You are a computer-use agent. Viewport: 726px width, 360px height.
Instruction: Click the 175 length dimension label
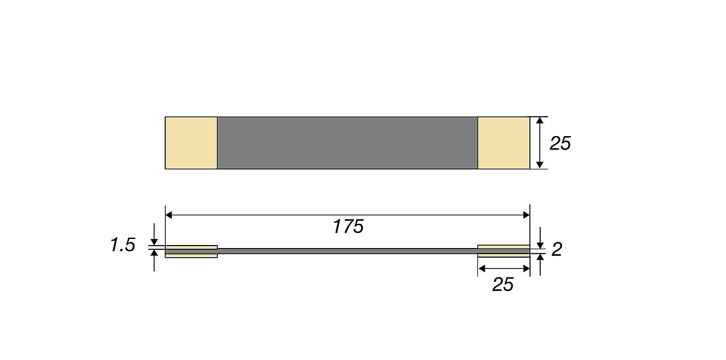click(x=348, y=226)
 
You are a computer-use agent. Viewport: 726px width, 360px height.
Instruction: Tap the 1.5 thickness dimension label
click(x=123, y=244)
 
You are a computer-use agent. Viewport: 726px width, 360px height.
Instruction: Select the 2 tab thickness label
click(x=557, y=249)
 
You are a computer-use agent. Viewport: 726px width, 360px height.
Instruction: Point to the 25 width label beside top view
click(x=560, y=143)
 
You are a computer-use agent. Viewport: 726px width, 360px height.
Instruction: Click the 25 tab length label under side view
click(x=503, y=284)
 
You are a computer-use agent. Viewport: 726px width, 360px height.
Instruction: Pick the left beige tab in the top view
click(x=191, y=143)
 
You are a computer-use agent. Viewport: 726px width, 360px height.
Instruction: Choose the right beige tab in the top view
click(x=503, y=143)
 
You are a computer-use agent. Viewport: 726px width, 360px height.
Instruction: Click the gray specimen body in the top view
click(x=347, y=143)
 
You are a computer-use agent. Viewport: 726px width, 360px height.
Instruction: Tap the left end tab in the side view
click(x=191, y=252)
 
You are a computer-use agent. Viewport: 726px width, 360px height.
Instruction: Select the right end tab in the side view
click(x=503, y=251)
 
